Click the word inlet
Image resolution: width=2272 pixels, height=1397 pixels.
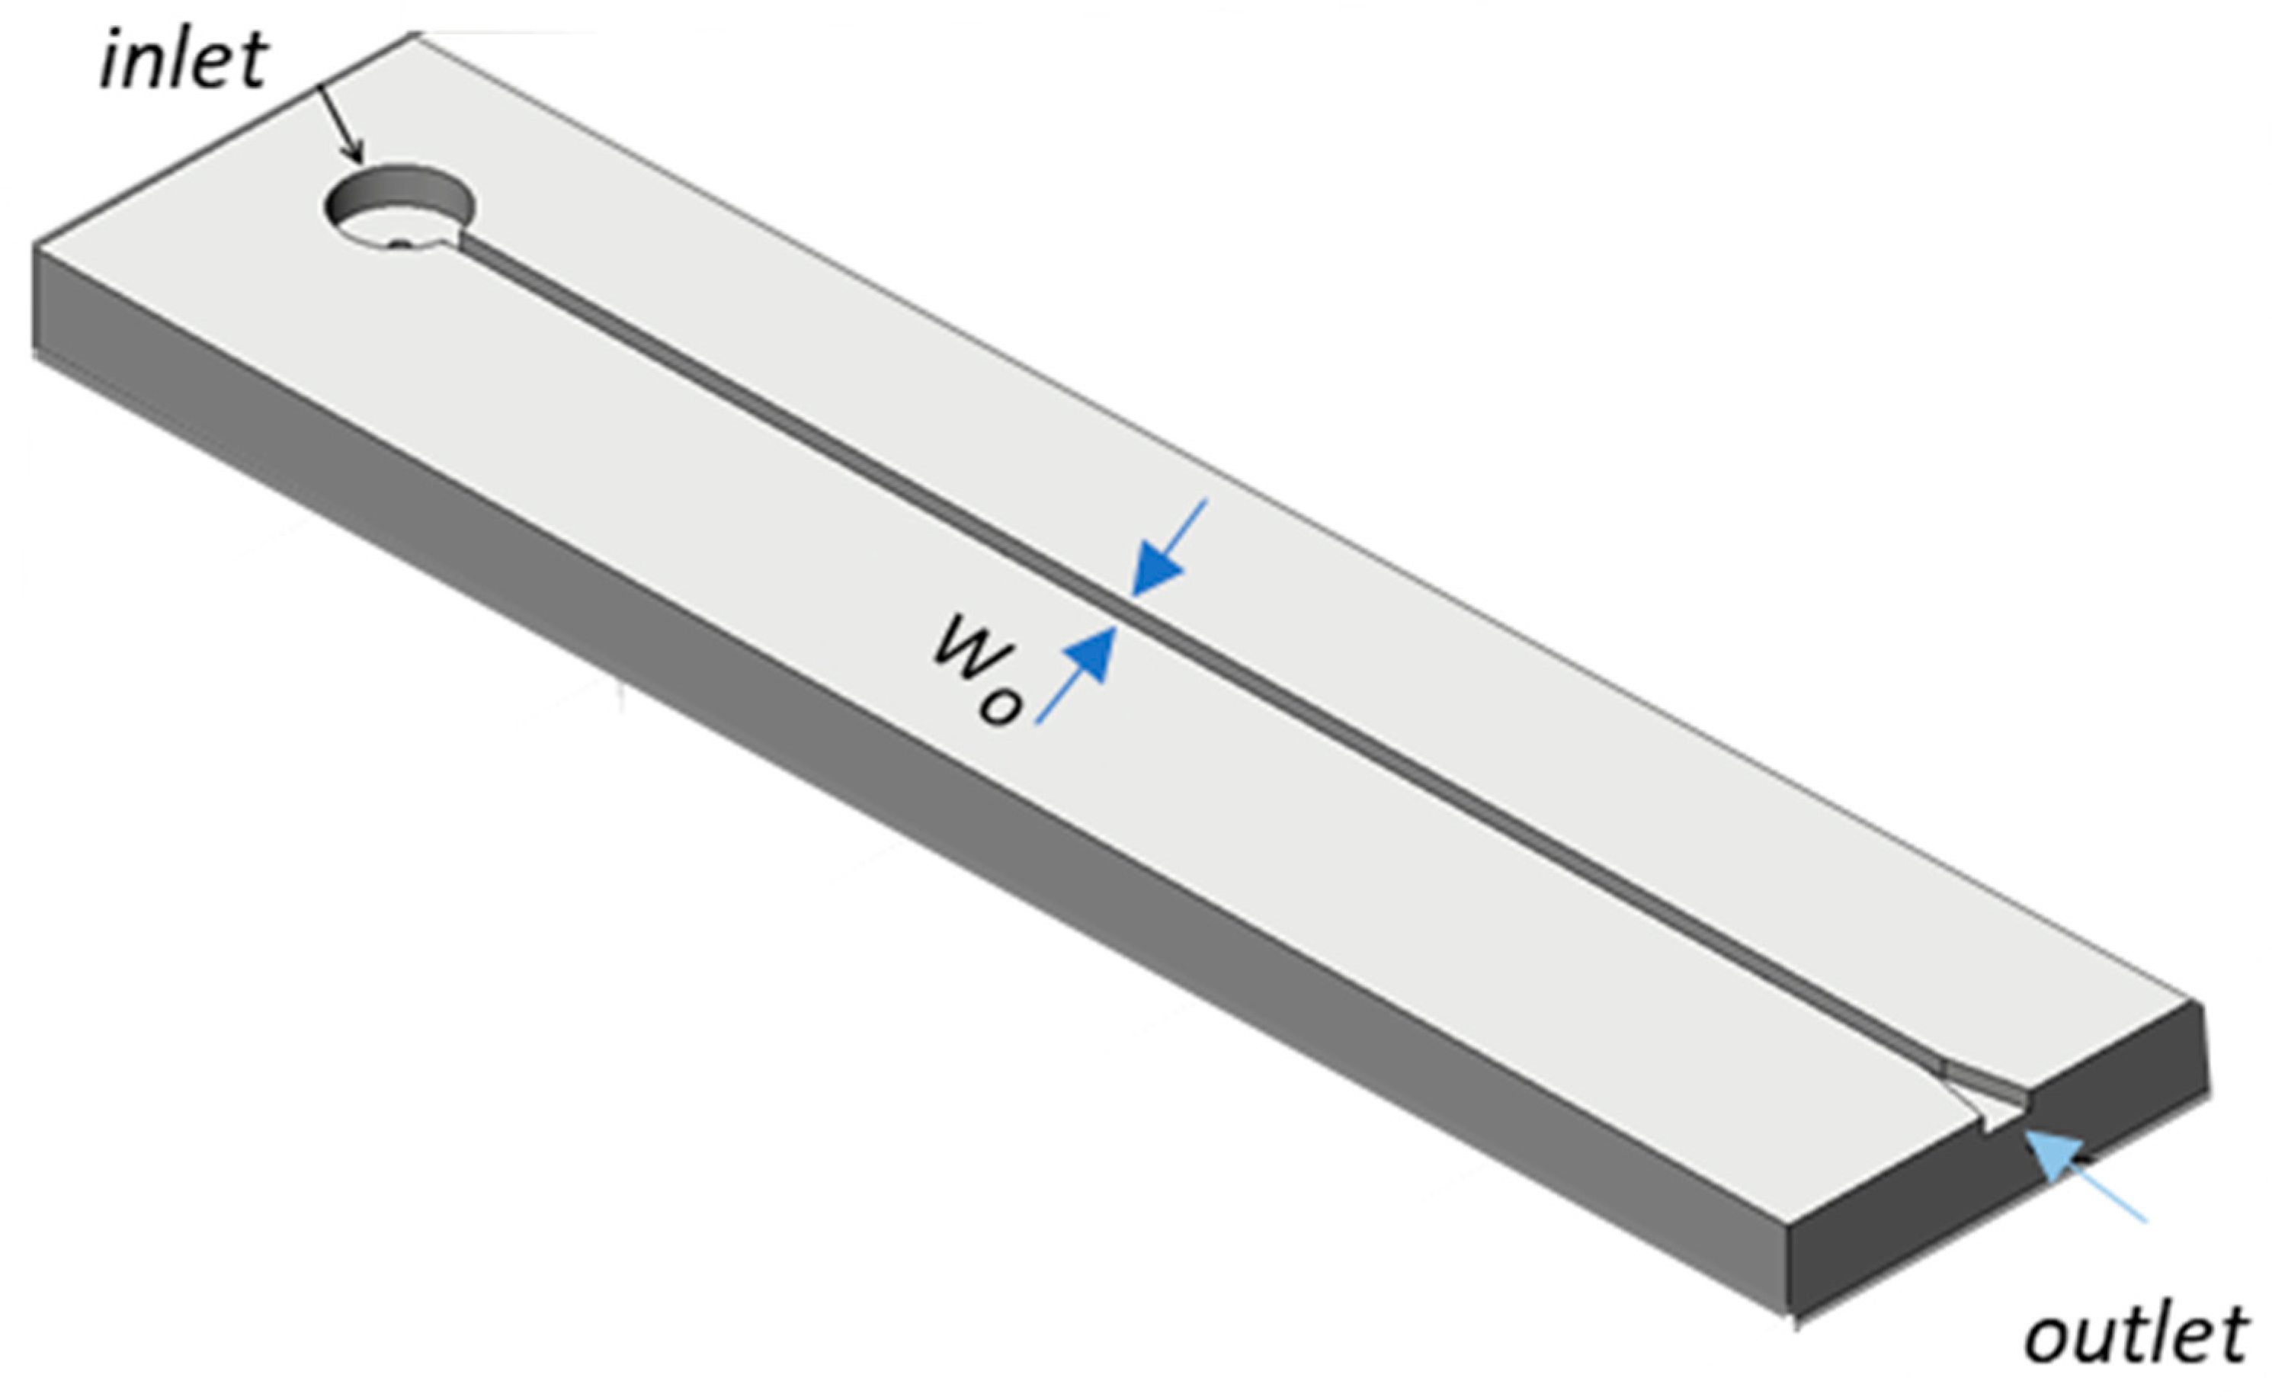tap(184, 61)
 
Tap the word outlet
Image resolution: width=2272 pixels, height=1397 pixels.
tap(2134, 1335)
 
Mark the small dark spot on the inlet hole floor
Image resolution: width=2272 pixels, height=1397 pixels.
tap(400, 244)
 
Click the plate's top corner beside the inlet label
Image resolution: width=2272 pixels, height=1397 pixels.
tap(416, 34)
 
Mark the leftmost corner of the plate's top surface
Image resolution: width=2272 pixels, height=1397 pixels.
tap(35, 245)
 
